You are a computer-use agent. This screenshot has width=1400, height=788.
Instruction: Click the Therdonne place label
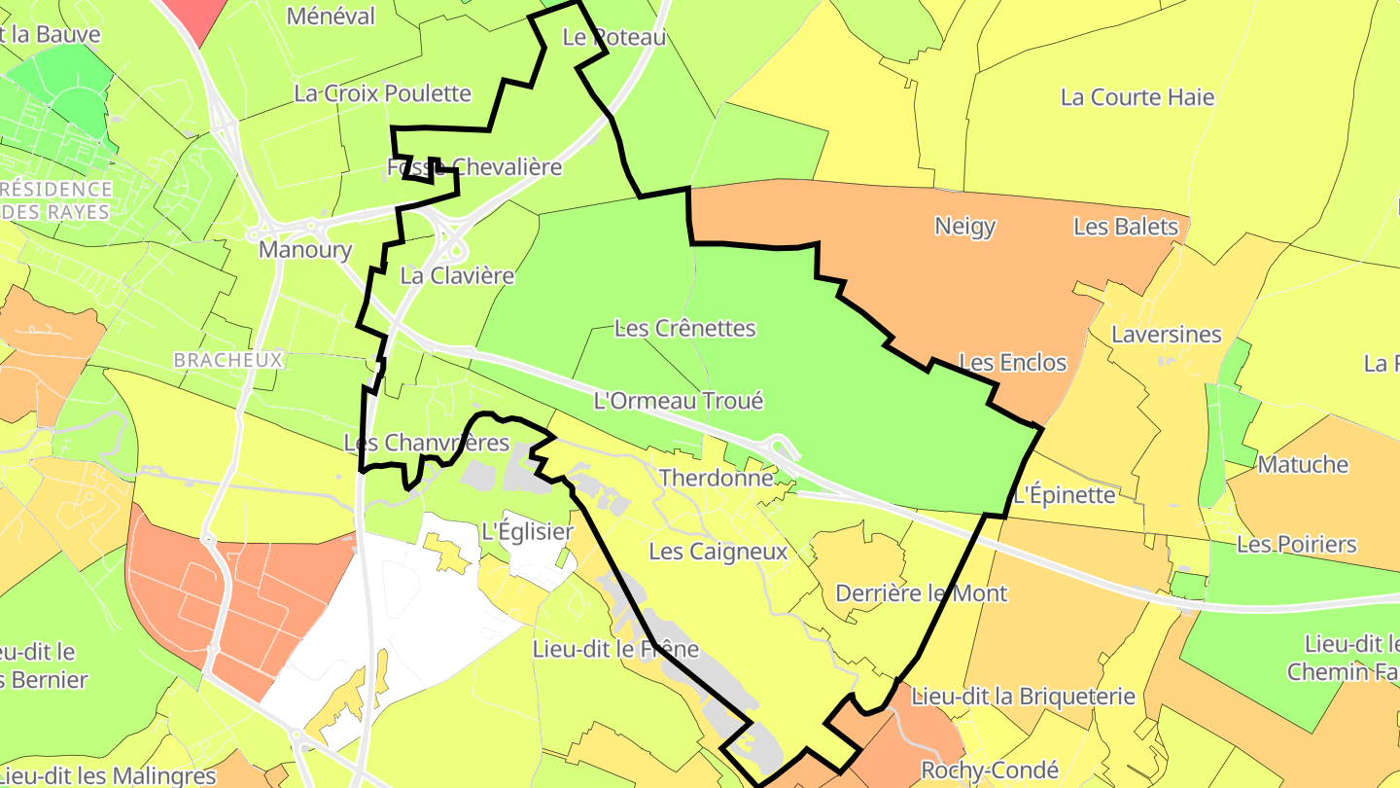coord(716,478)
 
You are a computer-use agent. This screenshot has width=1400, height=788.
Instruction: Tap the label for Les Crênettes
coord(684,328)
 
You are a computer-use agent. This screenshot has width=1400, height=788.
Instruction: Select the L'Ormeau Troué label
coord(679,400)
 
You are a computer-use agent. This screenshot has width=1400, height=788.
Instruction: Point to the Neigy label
coord(964,226)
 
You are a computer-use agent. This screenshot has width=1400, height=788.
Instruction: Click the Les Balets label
coord(1125,227)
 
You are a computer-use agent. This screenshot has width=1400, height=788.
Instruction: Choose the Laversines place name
coord(1166,334)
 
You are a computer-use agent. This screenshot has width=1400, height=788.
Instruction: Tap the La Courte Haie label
coord(1137,96)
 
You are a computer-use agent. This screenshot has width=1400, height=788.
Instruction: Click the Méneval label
coord(331,16)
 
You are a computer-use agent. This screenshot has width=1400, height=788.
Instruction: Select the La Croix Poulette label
coord(382,93)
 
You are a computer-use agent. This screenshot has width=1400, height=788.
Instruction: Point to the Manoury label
coord(304,249)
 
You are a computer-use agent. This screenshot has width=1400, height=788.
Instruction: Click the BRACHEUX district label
coord(227,360)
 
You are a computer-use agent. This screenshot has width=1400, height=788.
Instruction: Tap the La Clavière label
coord(457,275)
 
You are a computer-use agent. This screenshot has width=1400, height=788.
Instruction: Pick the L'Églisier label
coord(527,531)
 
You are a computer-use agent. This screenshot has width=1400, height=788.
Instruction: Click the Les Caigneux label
coord(717,552)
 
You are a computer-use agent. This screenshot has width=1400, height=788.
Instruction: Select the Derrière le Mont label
coord(921,592)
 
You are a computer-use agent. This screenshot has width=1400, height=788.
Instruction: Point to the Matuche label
coord(1303,464)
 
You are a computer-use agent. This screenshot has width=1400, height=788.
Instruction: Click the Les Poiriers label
coord(1296,544)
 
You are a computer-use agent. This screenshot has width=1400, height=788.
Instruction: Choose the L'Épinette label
coord(1064,494)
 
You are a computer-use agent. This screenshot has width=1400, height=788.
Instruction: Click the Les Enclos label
coord(1012,363)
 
